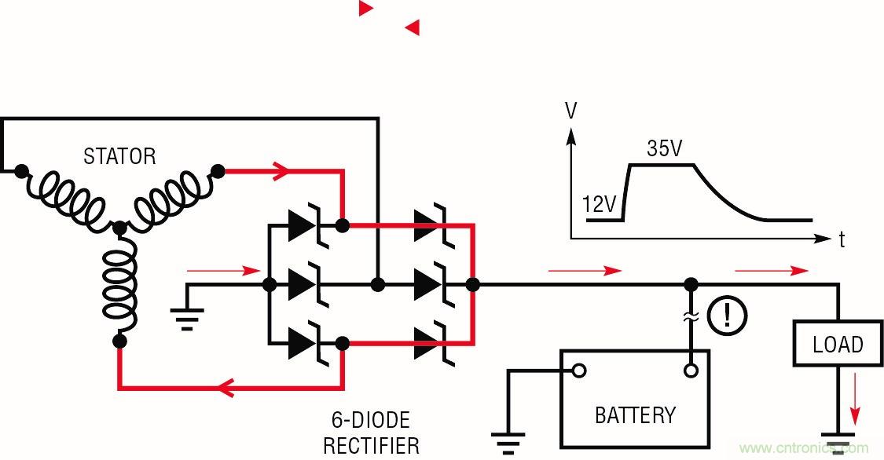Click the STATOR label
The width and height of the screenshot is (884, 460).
tap(119, 156)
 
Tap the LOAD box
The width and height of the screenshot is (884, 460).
tap(838, 344)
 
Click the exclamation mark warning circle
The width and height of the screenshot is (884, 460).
tap(727, 316)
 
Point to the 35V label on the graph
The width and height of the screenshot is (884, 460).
tap(664, 148)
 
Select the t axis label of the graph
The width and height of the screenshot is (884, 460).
tap(842, 240)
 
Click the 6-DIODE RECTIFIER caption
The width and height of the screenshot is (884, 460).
tap(372, 433)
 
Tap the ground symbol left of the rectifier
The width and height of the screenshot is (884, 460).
tap(187, 317)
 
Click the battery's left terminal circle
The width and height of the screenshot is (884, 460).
tap(578, 371)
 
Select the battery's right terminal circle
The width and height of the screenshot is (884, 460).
tap(691, 371)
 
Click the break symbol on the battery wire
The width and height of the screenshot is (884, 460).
tap(691, 316)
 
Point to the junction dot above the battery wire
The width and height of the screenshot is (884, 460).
tap(691, 284)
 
